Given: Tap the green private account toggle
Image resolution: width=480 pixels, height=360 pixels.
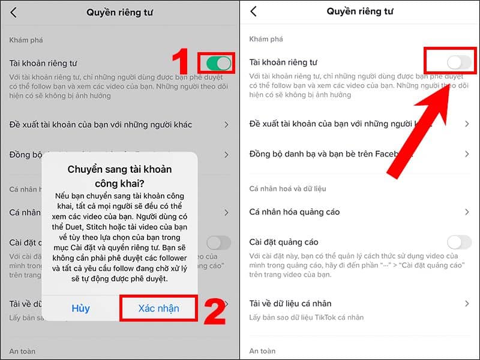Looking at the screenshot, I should click(218, 63).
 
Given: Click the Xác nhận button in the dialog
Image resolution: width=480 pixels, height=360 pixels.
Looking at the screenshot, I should click(158, 308).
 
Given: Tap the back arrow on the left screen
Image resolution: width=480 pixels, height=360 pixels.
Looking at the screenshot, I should click(13, 12).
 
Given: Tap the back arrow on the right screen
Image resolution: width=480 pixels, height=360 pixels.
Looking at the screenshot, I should click(253, 11).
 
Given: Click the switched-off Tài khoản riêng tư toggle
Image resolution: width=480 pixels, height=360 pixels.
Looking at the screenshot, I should click(459, 62).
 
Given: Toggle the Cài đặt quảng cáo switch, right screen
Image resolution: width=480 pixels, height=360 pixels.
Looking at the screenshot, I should click(459, 242).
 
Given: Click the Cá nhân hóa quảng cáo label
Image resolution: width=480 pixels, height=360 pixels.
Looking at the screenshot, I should click(294, 212).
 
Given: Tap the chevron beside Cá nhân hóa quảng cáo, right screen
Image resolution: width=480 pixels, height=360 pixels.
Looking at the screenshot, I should click(467, 212).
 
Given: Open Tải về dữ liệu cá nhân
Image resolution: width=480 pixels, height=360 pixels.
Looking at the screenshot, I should click(290, 304).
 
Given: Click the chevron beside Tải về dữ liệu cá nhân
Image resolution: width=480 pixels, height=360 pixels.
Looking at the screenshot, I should click(467, 304).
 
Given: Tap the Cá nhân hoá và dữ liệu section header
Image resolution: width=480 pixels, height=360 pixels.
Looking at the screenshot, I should click(287, 188).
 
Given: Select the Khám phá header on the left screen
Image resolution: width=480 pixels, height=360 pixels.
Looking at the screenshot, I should click(26, 40).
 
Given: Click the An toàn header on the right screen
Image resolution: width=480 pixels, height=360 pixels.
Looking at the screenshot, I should click(262, 350).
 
